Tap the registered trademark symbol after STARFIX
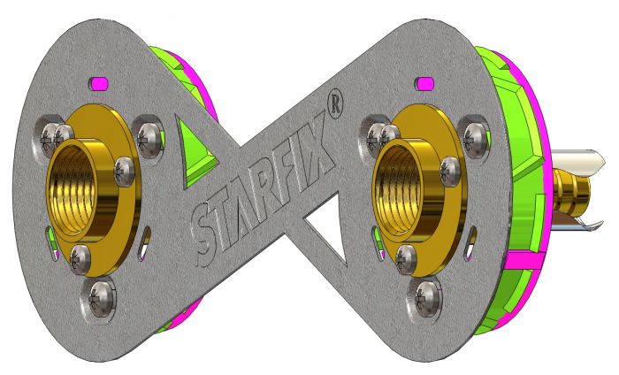coord(334,104)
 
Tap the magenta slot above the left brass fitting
coord(98,82)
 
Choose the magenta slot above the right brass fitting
coord(424,83)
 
